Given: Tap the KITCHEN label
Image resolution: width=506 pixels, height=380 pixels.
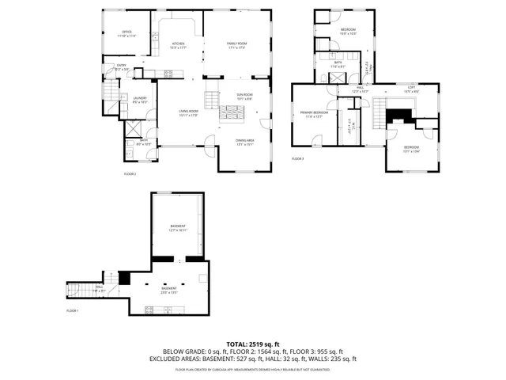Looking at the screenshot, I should coord(179,45).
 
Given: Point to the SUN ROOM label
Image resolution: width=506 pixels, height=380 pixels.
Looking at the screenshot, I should coord(244,96).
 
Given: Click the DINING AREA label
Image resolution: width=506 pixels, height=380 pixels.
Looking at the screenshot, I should coord(244,142).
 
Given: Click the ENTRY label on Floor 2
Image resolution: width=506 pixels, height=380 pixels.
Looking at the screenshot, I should coord(122,67).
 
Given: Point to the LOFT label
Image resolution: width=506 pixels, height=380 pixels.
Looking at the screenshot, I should coord(411,88).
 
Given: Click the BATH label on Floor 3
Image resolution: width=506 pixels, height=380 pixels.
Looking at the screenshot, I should coord(338,64).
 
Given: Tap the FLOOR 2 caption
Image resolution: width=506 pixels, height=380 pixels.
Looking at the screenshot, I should coord(130,173).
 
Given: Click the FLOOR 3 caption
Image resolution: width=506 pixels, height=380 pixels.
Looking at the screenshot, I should coord(297,159).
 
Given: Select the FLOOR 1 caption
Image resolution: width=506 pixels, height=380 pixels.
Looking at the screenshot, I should coord(73,310).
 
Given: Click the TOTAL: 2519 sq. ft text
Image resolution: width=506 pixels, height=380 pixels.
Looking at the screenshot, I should coord(253,343).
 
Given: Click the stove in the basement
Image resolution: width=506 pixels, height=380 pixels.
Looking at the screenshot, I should coord(148,307).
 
